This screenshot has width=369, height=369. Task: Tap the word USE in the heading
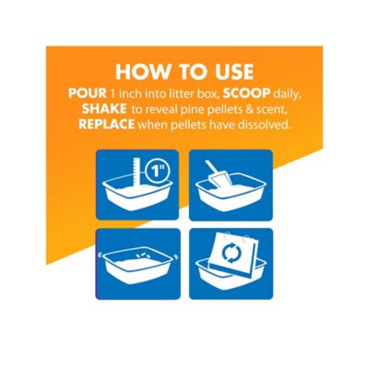(x=232, y=72)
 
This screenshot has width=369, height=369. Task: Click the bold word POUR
(x=88, y=93)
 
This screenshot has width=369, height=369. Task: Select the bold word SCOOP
(x=246, y=93)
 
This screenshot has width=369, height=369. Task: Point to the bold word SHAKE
(x=104, y=109)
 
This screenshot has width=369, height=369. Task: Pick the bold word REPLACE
(x=106, y=125)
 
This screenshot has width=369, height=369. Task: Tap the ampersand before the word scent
(x=251, y=110)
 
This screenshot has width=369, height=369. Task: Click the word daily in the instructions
(x=286, y=94)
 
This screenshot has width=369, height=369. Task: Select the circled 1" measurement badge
(x=158, y=171)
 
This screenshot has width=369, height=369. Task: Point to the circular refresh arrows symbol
(x=230, y=254)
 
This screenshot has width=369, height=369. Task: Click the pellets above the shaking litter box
(x=143, y=255)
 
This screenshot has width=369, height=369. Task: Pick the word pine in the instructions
(x=194, y=110)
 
